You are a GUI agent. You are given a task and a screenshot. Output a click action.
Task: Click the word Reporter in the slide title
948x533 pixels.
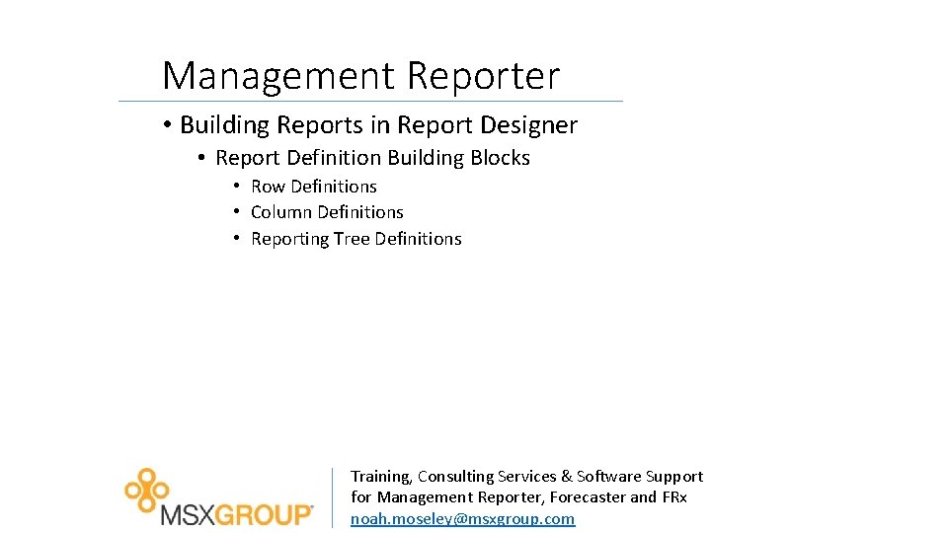(483, 76)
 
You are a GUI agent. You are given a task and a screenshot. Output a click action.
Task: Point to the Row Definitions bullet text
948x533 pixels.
(314, 187)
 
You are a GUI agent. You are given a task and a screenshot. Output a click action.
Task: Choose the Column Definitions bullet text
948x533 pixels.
(327, 212)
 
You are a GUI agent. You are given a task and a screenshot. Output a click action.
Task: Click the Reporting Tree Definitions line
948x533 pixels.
(355, 239)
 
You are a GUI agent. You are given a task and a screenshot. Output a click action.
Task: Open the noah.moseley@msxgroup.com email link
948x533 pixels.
(462, 519)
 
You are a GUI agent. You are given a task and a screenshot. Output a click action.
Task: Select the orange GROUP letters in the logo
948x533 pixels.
(264, 515)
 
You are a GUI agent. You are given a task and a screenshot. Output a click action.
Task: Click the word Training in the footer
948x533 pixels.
(380, 477)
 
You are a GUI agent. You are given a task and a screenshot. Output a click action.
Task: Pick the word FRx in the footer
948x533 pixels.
(673, 497)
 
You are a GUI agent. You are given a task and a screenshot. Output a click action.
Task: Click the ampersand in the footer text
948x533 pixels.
(566, 477)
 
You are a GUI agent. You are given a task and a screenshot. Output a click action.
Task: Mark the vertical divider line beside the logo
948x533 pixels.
(332, 497)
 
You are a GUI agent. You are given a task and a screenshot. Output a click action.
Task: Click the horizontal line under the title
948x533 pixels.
(370, 101)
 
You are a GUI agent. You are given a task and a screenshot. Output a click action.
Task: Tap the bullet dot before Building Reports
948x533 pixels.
(169, 125)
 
